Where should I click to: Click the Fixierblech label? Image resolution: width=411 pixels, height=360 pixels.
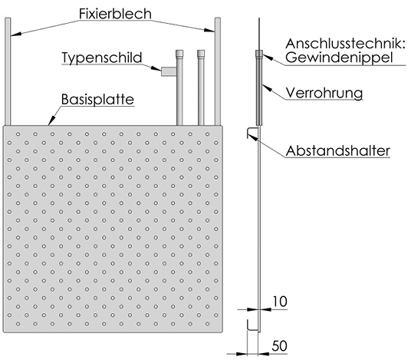tap(115, 14)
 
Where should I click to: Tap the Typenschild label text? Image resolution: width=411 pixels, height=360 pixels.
tap(102, 58)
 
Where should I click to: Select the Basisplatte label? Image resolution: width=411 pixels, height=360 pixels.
tap(97, 99)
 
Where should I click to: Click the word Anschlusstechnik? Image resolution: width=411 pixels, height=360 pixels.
tap(345, 44)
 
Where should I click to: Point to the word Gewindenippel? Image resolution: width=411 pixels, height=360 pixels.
tap(339, 58)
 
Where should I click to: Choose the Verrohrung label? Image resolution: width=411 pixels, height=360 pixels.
tap(324, 93)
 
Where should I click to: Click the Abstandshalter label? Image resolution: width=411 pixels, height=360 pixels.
tap(338, 151)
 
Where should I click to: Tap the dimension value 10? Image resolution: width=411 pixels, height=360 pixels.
tap(280, 302)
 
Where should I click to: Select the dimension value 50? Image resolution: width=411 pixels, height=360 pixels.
tap(279, 346)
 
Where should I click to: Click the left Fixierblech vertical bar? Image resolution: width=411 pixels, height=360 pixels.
tap(8, 71)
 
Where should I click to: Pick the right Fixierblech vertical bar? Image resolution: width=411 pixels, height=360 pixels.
tap(218, 71)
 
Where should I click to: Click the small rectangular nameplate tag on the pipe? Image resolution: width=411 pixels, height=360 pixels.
tap(169, 71)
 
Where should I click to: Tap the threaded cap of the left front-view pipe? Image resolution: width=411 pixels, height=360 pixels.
tap(179, 54)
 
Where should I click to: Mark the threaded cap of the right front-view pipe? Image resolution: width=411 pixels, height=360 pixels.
tap(201, 54)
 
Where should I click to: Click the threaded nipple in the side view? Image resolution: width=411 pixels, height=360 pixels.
tap(259, 54)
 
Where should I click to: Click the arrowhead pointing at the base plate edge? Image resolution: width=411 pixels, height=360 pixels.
tap(51, 121)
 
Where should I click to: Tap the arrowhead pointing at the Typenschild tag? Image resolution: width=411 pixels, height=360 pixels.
tap(156, 68)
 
